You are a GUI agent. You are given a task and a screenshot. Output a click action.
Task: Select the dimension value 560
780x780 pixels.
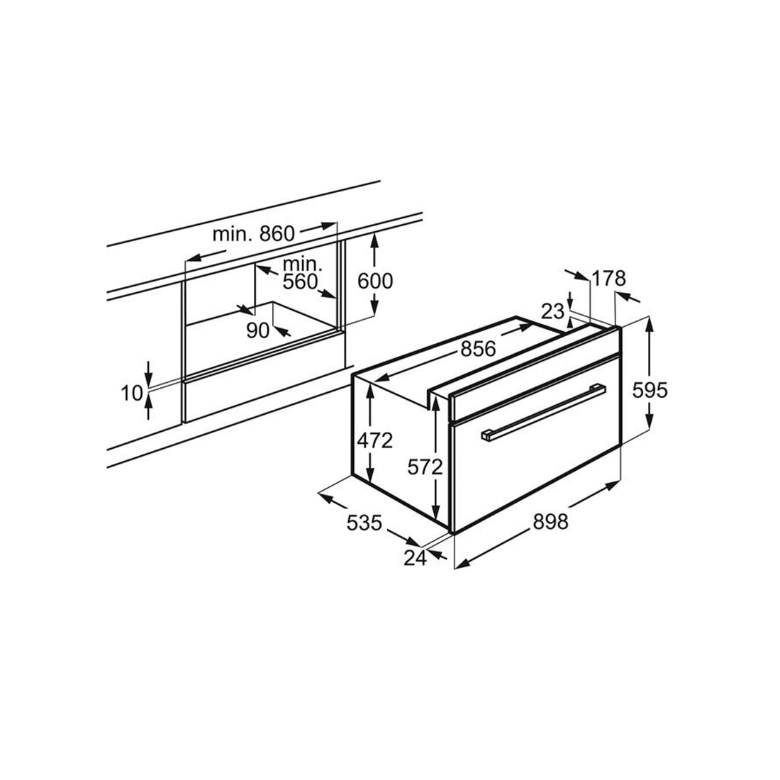pyautogui.click(x=300, y=282)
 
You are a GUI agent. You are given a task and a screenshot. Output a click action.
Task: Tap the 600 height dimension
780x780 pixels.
pyautogui.click(x=374, y=281)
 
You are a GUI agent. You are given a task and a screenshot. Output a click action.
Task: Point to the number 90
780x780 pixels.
pyautogui.click(x=258, y=330)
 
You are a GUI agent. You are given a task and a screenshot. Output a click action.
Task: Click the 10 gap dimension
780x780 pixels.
pyautogui.click(x=133, y=392)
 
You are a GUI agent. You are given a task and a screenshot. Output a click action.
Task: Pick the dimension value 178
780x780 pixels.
pyautogui.click(x=609, y=279)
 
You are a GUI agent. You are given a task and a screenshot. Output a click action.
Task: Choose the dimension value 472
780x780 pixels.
pyautogui.click(x=374, y=440)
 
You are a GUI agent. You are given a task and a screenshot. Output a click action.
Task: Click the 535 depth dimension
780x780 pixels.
pyautogui.click(x=364, y=523)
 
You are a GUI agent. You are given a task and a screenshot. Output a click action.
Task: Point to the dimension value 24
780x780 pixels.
pyautogui.click(x=415, y=558)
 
